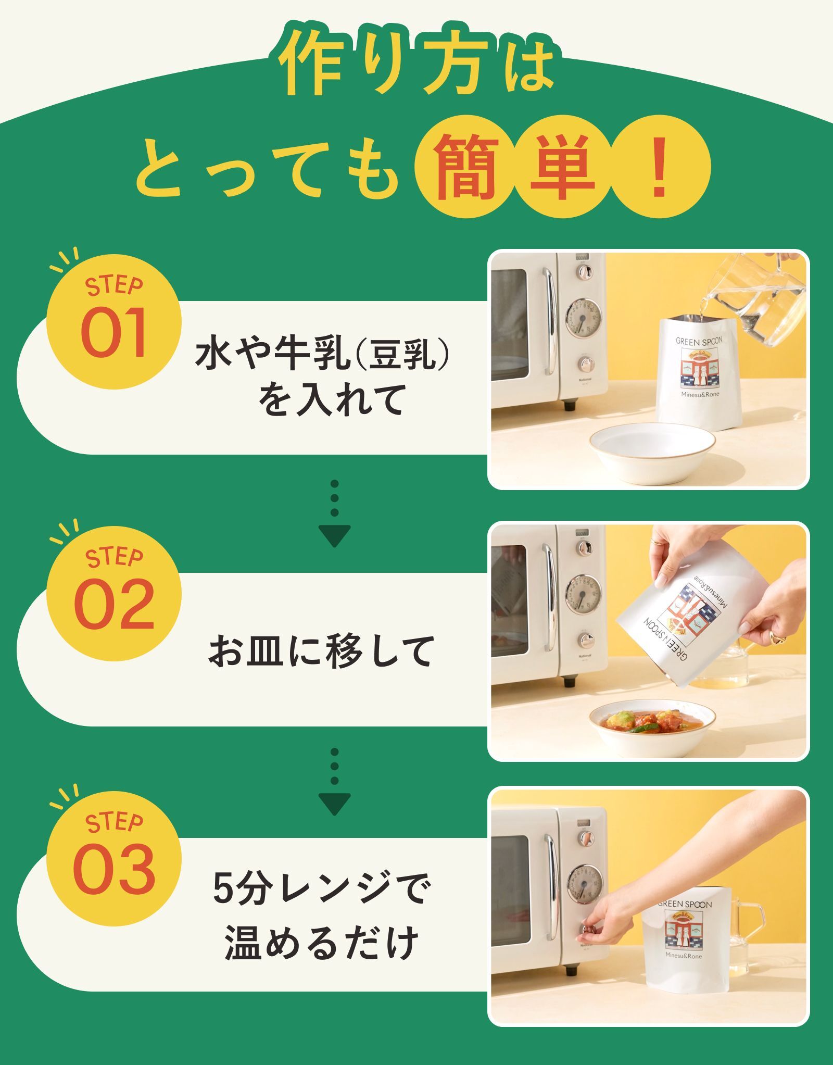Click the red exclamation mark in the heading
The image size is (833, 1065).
659,168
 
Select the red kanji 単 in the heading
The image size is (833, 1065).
562,168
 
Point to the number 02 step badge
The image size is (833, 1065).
114,593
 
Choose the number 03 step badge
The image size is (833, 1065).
114,859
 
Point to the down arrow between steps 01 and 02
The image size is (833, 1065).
334,513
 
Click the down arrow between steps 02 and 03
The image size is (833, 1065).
334,781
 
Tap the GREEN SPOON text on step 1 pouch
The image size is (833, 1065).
699,341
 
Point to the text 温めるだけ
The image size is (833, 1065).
321,942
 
